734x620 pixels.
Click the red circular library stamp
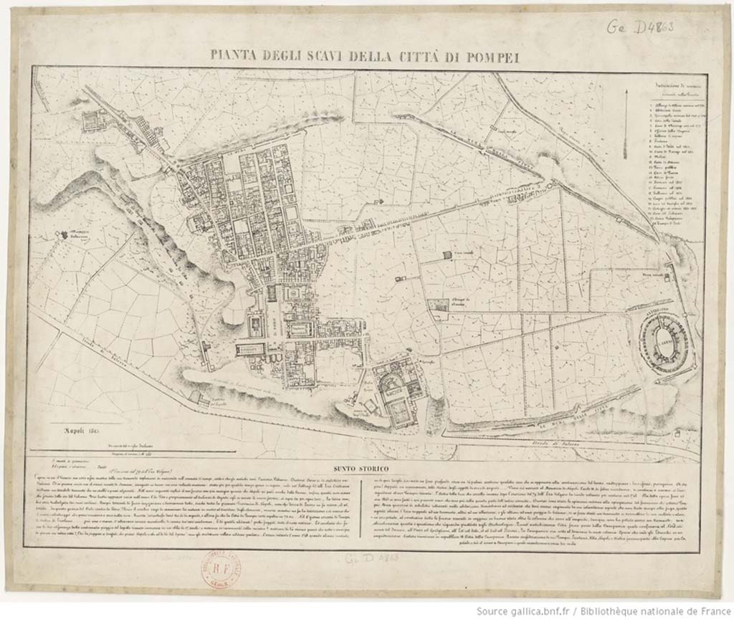pyautogui.click(x=220, y=571)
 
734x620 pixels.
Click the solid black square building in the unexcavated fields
pyautogui.click(x=448, y=254)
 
